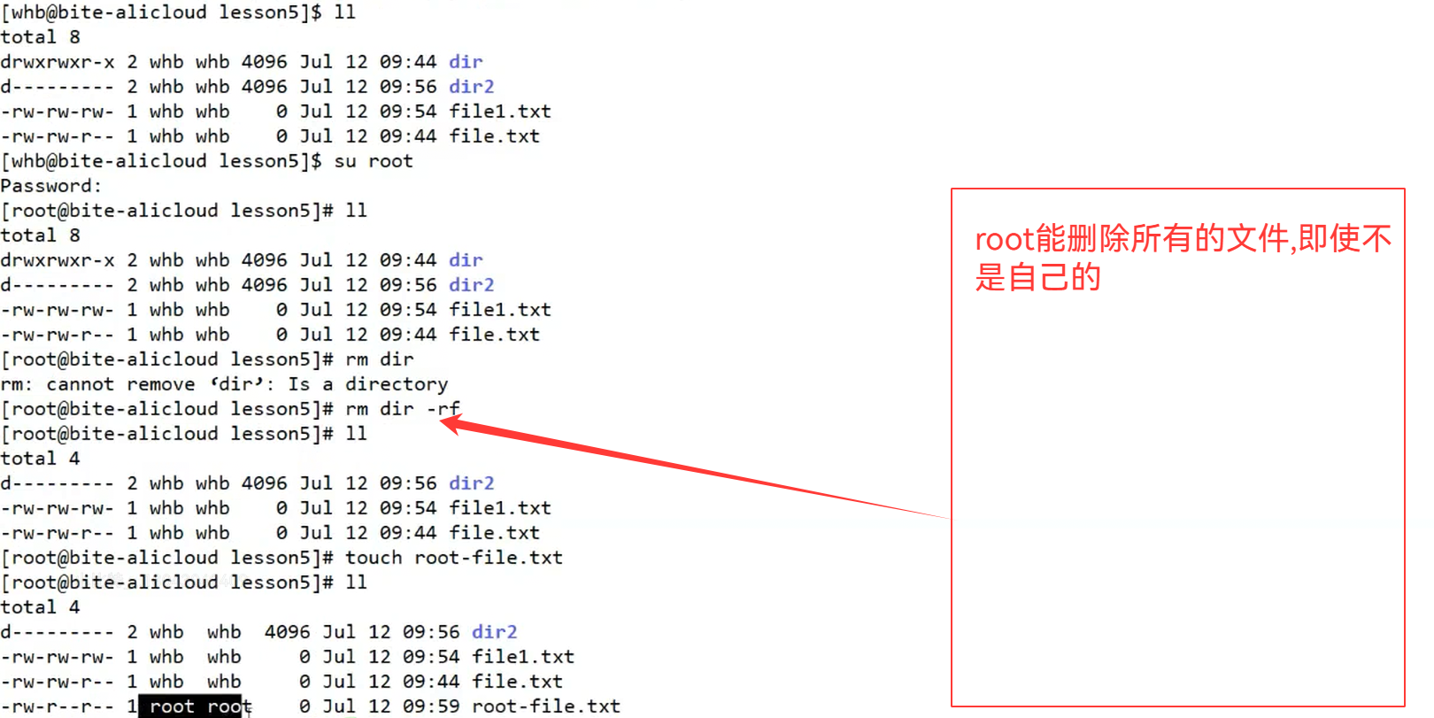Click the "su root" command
[x=373, y=161]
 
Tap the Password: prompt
[x=50, y=186]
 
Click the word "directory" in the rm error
[x=397, y=384]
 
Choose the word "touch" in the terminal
[x=374, y=558]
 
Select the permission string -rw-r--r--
[x=57, y=706]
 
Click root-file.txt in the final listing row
[x=545, y=706]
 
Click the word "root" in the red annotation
[x=1004, y=239]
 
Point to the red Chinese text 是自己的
[x=1037, y=278]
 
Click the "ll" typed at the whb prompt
[x=345, y=12]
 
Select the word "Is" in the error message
[x=298, y=384]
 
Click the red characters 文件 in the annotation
[x=1260, y=239]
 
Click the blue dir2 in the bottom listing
[x=494, y=632]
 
